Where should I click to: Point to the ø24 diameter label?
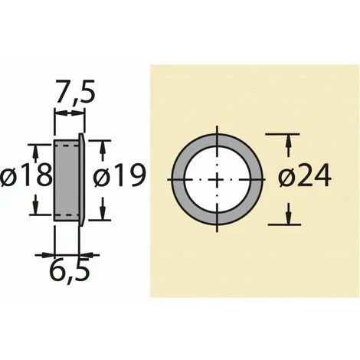(305, 178)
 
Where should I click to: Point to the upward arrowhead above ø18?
(34, 149)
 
